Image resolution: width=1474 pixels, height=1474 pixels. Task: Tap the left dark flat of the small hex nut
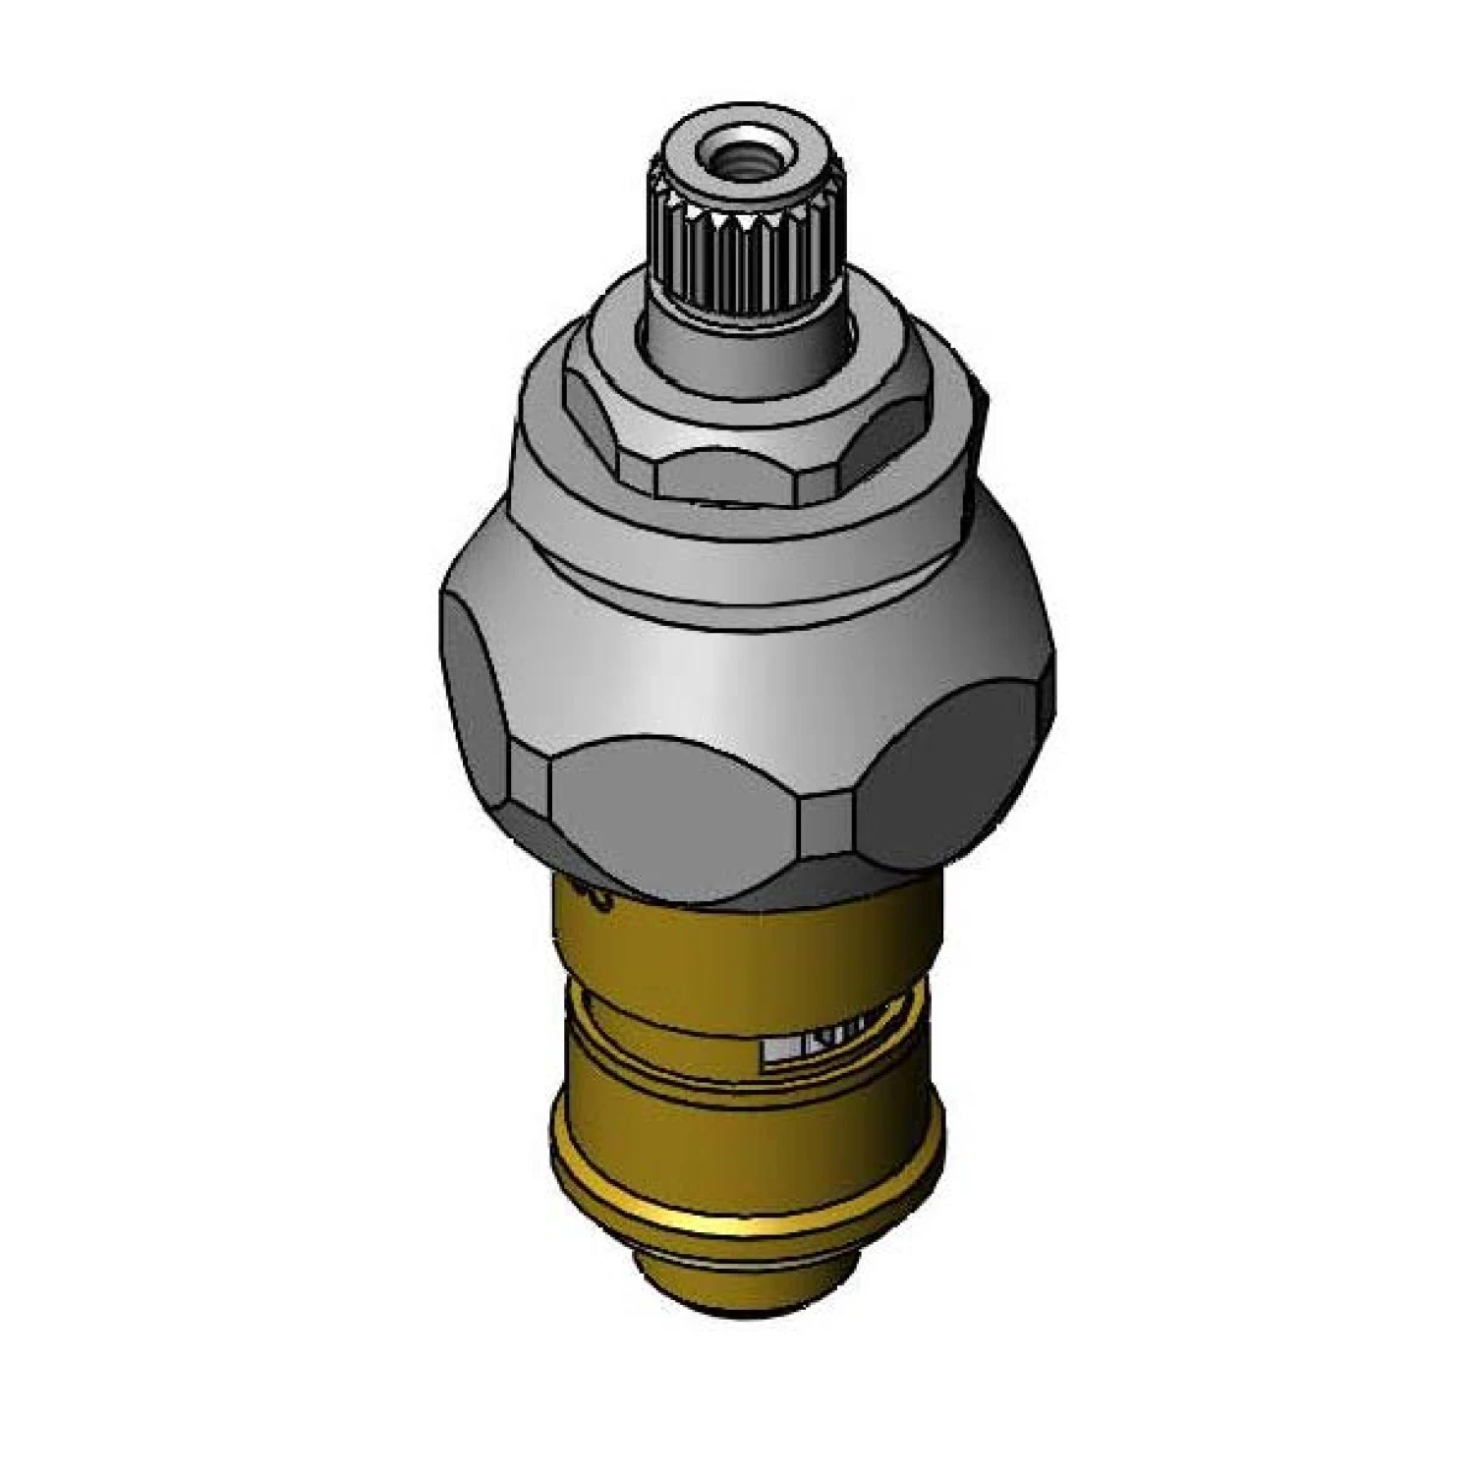tap(595, 423)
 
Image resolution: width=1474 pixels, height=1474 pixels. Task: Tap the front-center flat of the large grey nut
tap(678, 816)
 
